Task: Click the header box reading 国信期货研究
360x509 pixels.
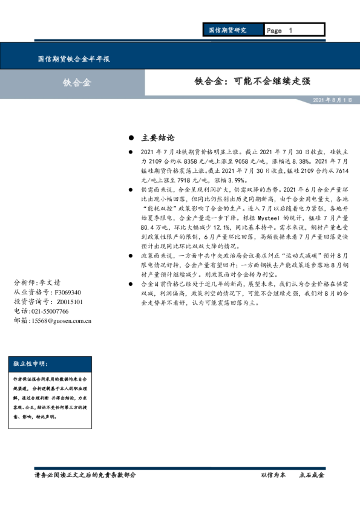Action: (228, 30)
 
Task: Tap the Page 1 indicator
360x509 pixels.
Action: (279, 30)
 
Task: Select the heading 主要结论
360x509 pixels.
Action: (157, 138)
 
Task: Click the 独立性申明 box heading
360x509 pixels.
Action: (31, 364)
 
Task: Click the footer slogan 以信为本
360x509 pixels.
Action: (272, 475)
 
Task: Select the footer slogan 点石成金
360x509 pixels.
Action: (312, 475)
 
